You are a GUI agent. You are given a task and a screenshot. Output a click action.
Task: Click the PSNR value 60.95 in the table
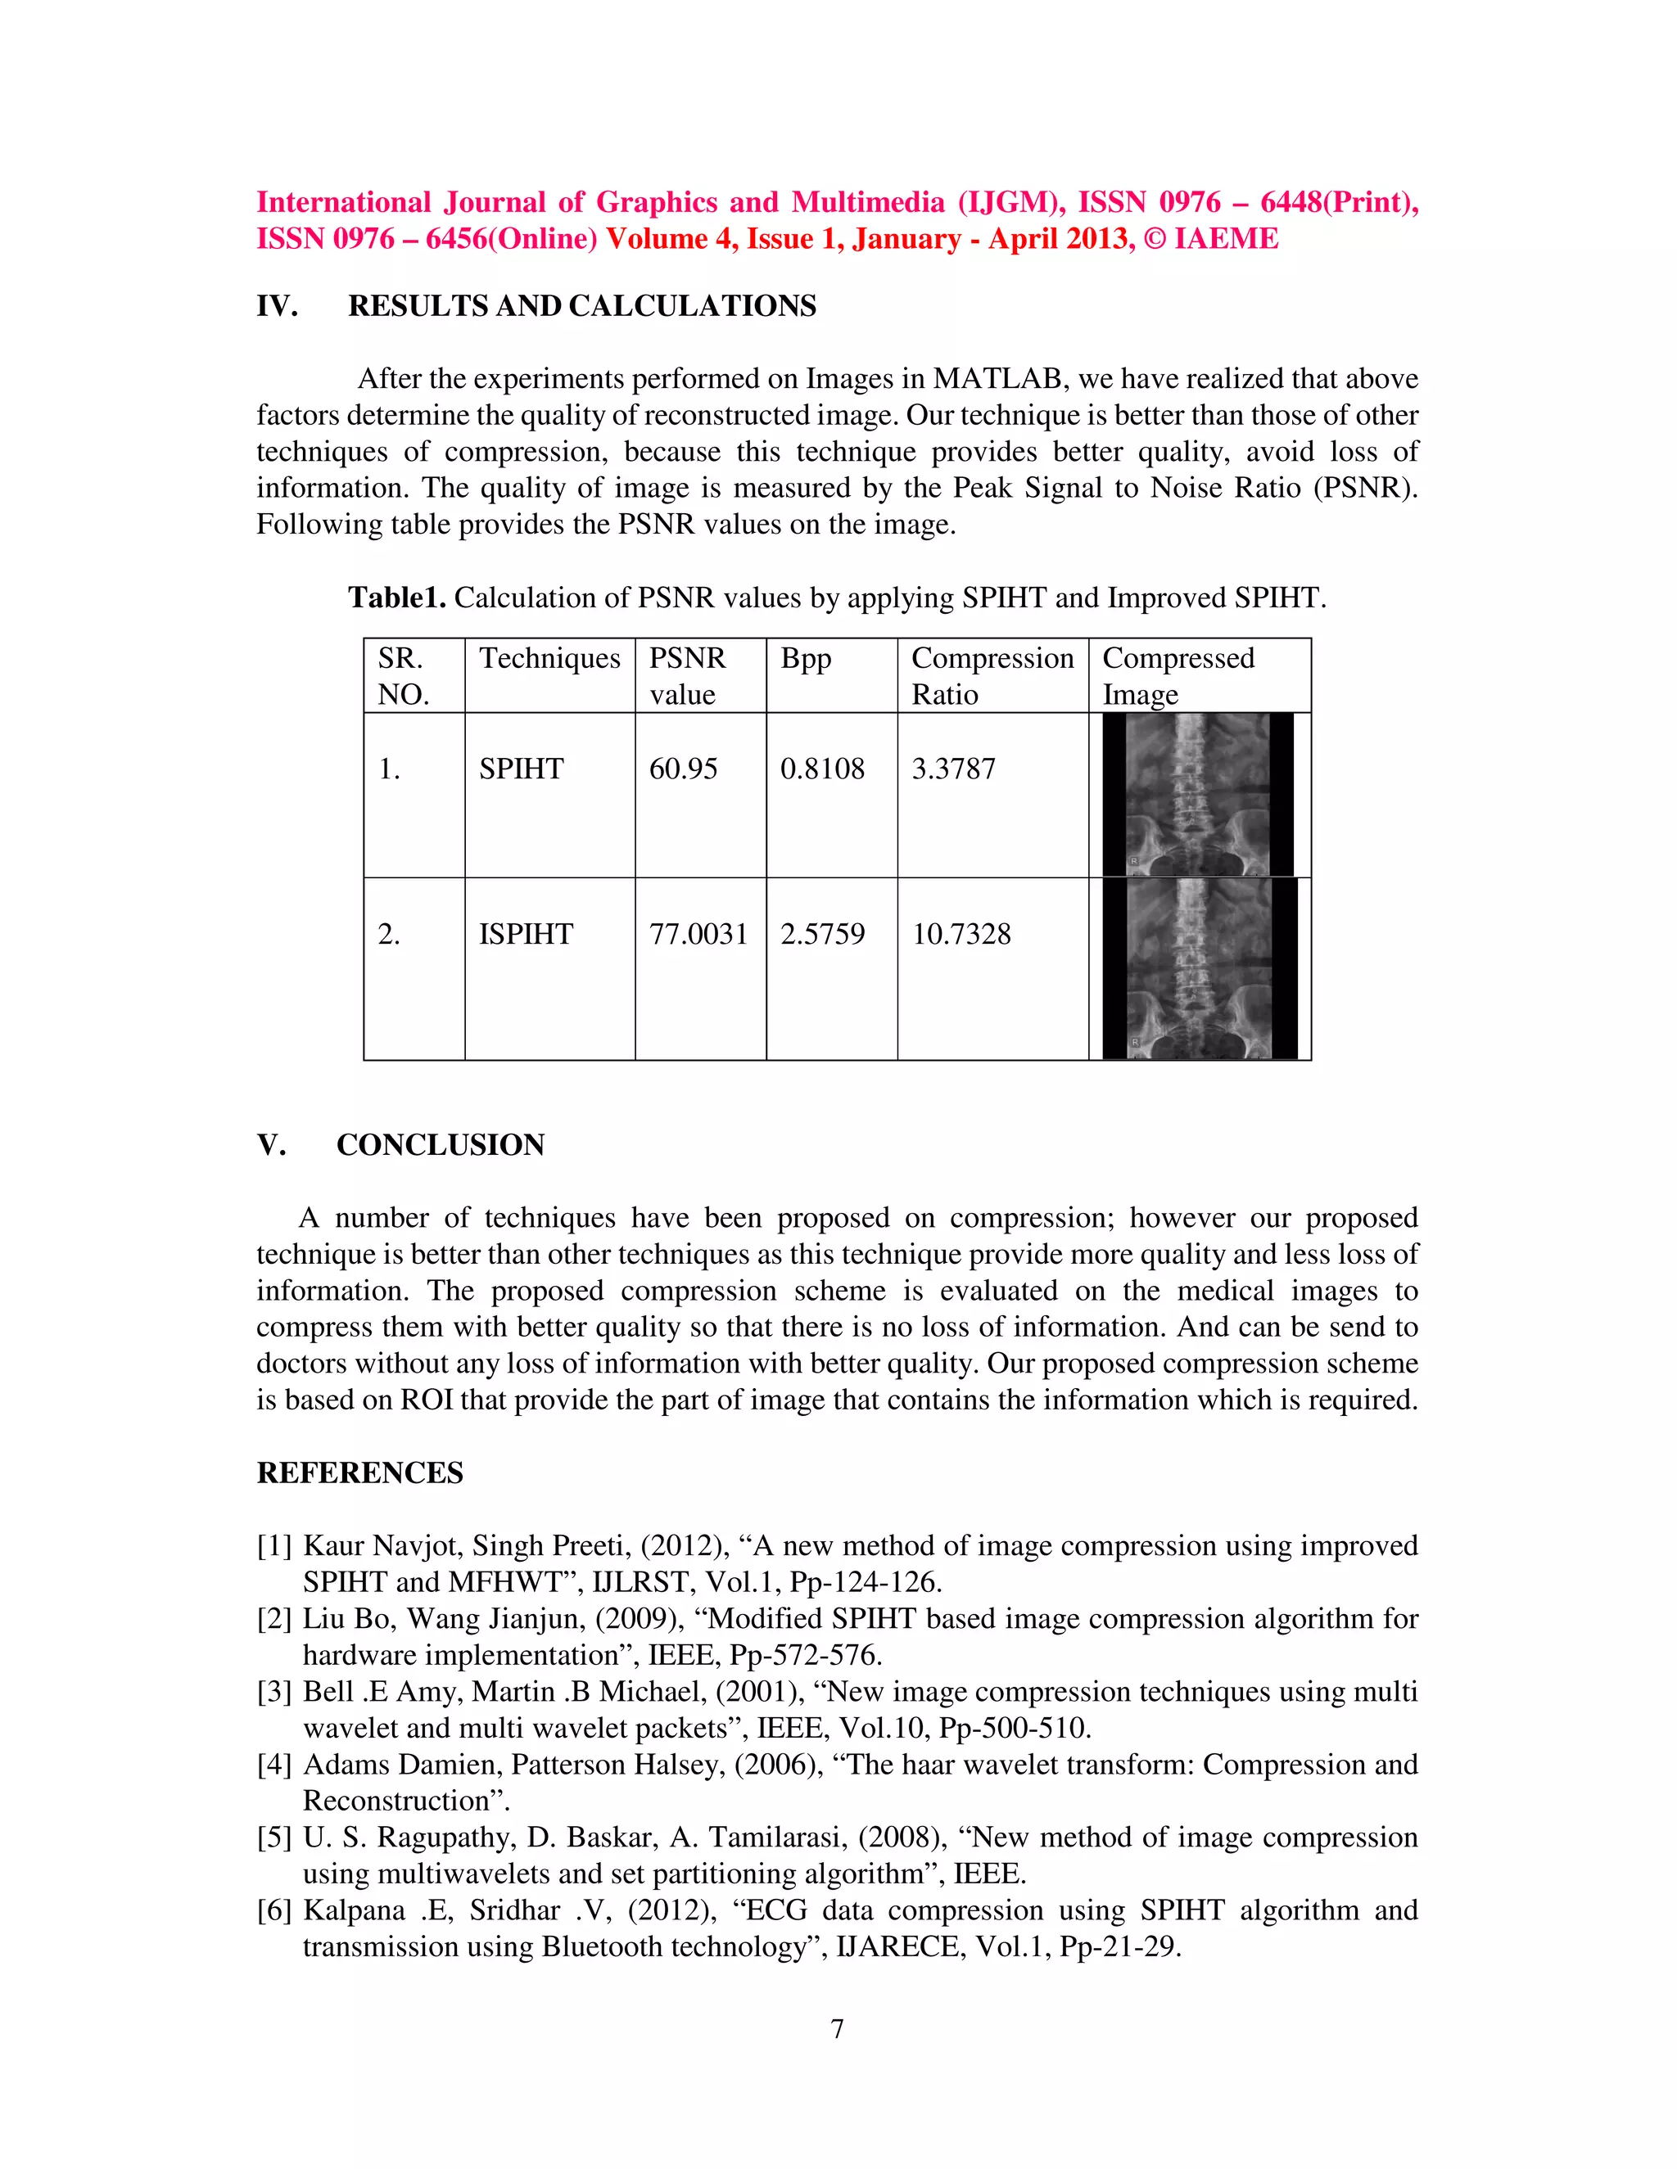click(683, 769)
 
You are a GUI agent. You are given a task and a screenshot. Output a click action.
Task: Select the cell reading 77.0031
click(698, 934)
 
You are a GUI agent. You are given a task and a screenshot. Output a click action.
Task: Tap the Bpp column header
click(805, 658)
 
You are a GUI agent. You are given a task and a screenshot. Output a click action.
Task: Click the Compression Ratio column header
click(992, 675)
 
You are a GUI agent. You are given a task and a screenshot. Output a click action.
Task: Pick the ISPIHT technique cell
click(526, 934)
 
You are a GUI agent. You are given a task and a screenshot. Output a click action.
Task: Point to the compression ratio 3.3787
click(953, 769)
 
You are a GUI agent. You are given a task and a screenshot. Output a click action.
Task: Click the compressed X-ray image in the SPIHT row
click(1197, 795)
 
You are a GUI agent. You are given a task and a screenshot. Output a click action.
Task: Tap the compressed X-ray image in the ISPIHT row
click(1199, 969)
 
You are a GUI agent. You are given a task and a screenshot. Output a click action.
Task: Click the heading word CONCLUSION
click(440, 1144)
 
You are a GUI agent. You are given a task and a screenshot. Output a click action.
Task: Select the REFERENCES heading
click(359, 1472)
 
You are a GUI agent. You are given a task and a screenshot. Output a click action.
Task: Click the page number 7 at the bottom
click(838, 2029)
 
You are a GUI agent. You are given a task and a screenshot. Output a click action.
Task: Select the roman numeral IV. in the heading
click(278, 306)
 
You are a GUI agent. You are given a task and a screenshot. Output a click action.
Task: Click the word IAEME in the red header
click(1226, 238)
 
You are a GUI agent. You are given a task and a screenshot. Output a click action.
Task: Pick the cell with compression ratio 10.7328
click(961, 934)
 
